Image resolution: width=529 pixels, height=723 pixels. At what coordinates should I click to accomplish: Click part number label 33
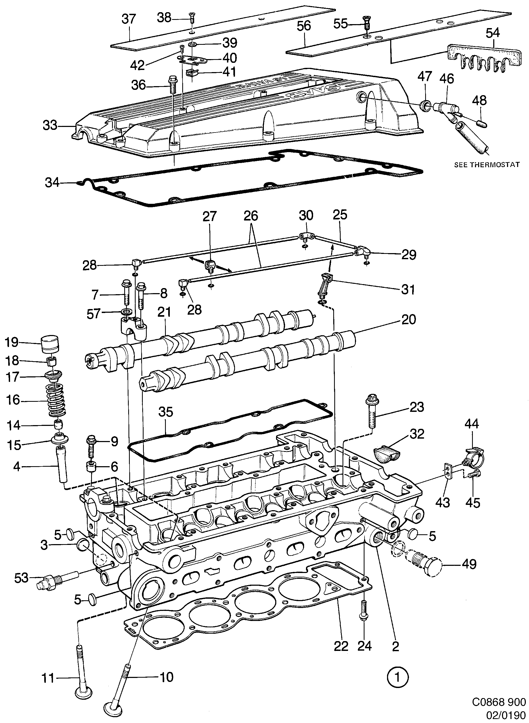[50, 126]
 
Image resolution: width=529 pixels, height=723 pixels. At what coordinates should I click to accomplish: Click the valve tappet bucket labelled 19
[51, 343]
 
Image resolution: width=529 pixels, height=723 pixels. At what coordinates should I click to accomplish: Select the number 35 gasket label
[166, 412]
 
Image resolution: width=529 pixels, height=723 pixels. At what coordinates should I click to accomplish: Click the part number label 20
[408, 319]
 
